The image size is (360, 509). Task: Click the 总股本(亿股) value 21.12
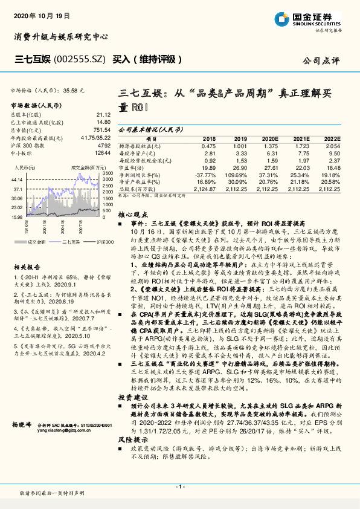tap(103, 114)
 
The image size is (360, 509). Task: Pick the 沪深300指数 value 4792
tap(103, 145)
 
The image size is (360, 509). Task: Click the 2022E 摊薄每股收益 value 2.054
tap(332, 146)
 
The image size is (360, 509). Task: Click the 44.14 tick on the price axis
tap(17, 180)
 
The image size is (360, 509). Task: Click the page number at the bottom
tap(179, 485)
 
